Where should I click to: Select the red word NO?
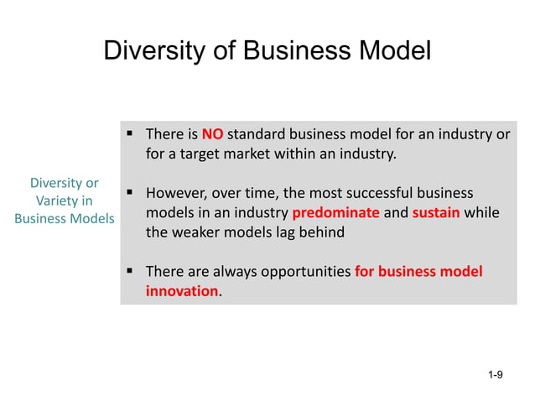pos(213,133)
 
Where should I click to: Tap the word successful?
pos(387,192)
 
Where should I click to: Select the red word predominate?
pos(335,212)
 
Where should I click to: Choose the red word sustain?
pos(435,212)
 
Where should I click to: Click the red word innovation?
pos(181,292)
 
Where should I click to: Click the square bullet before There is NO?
pos(131,133)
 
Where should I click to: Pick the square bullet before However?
pos(131,192)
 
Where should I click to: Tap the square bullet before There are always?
pos(131,271)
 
